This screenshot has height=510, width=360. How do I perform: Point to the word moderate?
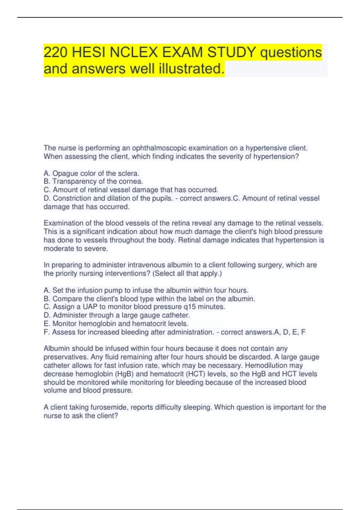[58, 249]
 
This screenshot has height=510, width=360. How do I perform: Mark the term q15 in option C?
[189, 307]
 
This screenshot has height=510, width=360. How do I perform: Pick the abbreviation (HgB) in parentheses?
[124, 374]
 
